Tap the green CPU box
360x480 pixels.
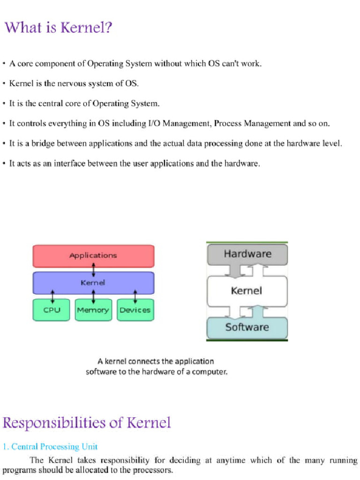52,310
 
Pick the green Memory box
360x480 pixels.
93,310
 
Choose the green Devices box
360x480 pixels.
135,310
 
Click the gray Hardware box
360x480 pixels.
247,254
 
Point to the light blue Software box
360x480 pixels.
247,327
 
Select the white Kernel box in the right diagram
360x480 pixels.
247,291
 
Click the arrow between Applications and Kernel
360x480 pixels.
94,270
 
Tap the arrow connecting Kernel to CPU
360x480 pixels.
52,297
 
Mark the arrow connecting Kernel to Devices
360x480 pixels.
135,297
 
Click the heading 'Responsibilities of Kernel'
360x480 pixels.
87,423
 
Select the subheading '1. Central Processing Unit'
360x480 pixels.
50,447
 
